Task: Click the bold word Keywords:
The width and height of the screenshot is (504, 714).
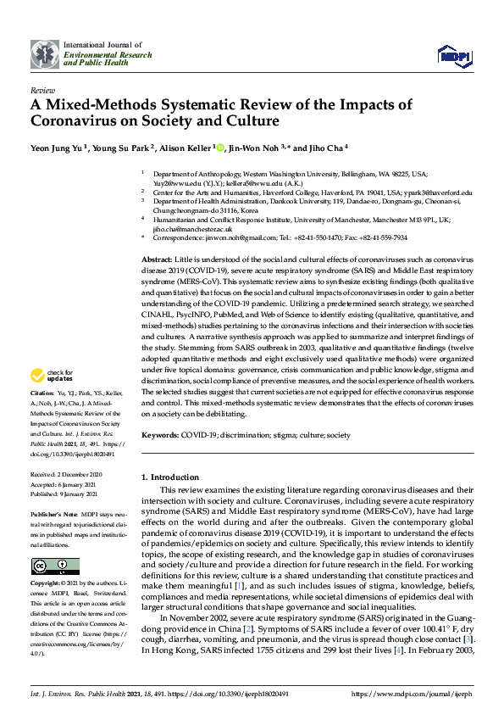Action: [159, 435]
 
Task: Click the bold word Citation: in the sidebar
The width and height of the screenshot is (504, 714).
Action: [42, 395]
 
